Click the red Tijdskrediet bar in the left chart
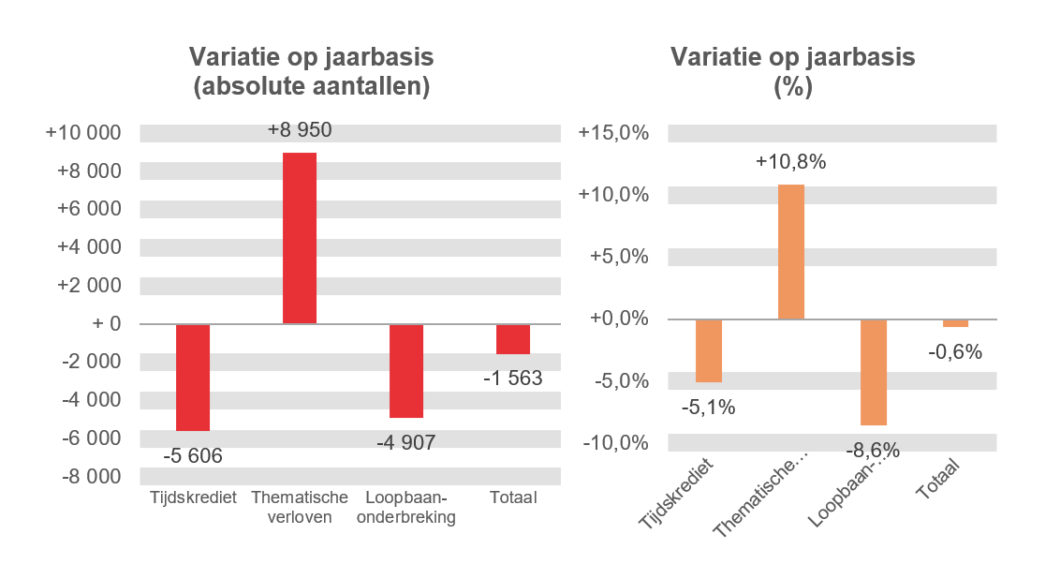coord(193,377)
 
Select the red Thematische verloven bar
coord(300,238)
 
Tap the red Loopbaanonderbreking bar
coord(406,370)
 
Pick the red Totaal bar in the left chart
coord(513,339)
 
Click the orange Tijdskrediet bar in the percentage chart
coord(709,350)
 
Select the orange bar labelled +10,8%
coord(791,252)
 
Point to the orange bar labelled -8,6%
coord(873,372)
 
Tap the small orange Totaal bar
coord(955,323)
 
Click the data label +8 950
coord(300,130)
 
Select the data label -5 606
coord(193,456)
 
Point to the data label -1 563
coord(513,379)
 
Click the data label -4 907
coord(406,442)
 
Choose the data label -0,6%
coord(955,352)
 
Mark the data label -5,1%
coord(708,408)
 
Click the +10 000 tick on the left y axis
coord(83,132)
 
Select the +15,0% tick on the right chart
coord(614,132)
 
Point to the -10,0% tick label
coord(614,442)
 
